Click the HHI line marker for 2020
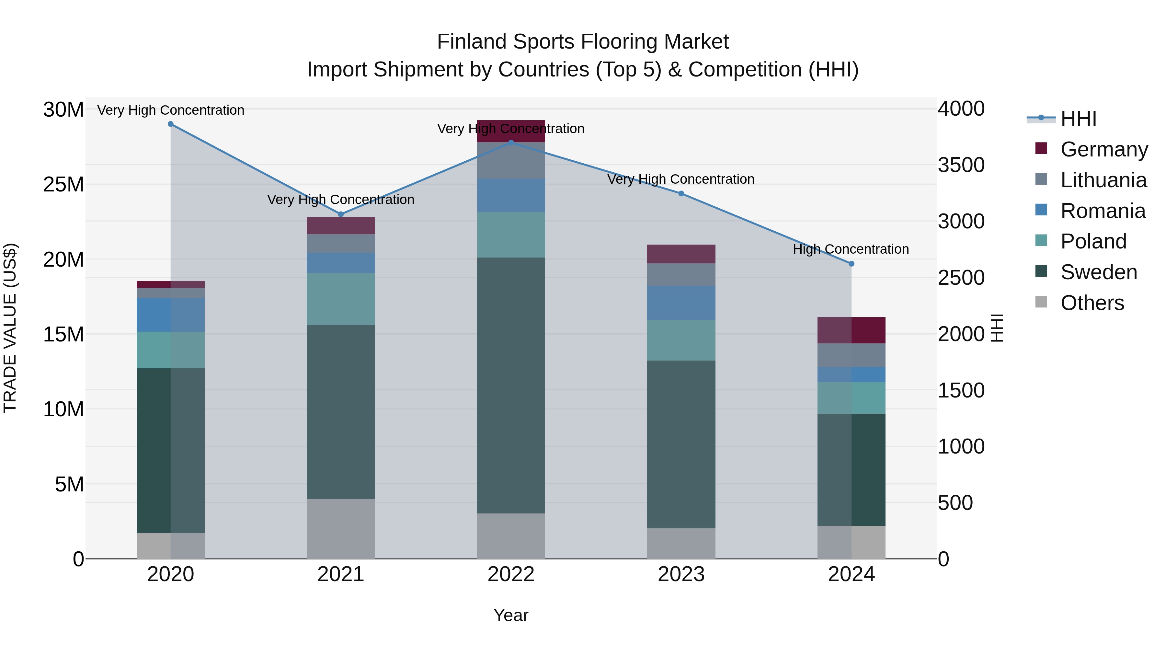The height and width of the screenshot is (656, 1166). (171, 124)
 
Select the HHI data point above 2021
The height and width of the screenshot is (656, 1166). (341, 214)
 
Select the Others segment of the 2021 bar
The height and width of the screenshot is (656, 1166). (340, 528)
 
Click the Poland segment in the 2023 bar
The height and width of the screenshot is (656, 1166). (681, 340)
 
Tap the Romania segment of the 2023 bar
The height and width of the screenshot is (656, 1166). (681, 303)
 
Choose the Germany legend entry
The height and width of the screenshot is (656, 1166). (1103, 149)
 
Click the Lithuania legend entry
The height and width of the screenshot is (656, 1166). (1103, 180)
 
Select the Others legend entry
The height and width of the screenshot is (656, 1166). (1092, 303)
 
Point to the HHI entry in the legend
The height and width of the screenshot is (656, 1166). (1078, 119)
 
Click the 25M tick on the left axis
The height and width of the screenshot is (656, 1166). (63, 185)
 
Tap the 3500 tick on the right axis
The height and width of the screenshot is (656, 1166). (961, 165)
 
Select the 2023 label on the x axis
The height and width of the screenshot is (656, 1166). (681, 574)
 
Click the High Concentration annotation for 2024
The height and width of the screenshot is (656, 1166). (851, 249)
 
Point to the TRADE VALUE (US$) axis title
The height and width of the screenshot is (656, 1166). (10, 328)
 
